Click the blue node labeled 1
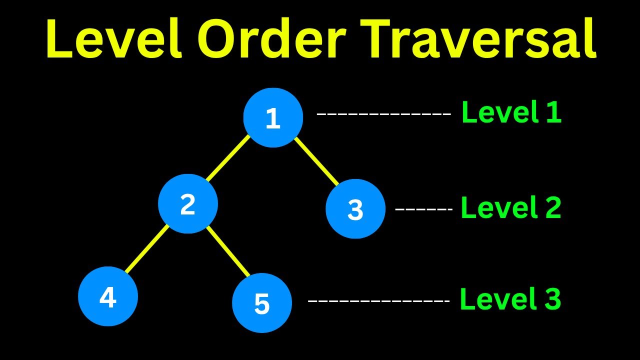273,117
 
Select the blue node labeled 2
188,204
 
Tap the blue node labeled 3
355,209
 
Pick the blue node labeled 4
108,296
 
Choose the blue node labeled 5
262,303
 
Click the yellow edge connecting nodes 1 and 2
227,158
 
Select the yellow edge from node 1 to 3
316,161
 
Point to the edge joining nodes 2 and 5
228,251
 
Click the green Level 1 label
511,112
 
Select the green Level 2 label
510,207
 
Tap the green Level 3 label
510,299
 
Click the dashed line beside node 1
384,114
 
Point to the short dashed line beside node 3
423,209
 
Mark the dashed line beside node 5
378,301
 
